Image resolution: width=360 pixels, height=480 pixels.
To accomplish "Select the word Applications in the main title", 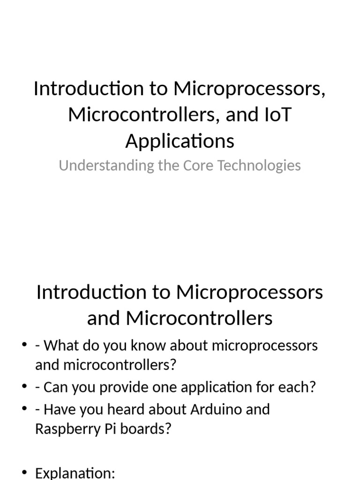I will tap(180, 141).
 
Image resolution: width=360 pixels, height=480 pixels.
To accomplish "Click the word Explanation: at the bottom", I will tap(75, 473).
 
